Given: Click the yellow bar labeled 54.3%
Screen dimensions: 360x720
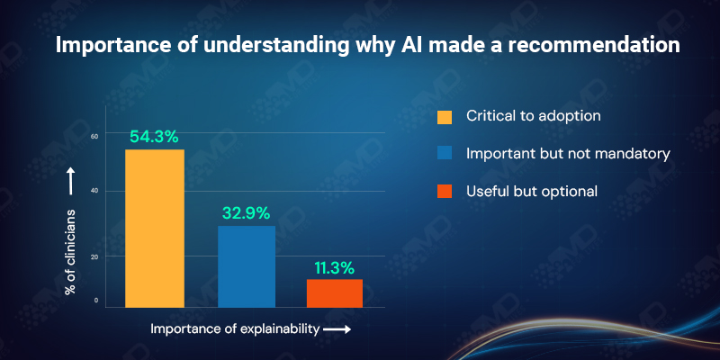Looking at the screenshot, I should click(x=155, y=229).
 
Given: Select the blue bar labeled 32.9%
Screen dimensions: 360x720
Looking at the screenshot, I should click(x=247, y=266).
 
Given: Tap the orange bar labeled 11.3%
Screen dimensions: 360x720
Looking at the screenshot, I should click(x=335, y=293).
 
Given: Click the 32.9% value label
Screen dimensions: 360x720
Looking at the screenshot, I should click(x=246, y=214).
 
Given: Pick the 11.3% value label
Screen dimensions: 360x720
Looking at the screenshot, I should click(x=335, y=267).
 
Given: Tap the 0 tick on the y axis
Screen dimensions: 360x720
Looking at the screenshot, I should click(x=96, y=301).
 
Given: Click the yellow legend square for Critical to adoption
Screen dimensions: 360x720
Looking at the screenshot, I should click(x=444, y=117).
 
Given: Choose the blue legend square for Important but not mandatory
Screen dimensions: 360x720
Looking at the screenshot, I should click(x=444, y=154).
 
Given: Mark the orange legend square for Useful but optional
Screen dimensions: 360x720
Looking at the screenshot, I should click(x=444, y=191).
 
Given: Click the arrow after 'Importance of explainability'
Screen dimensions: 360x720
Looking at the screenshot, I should click(x=337, y=330).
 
